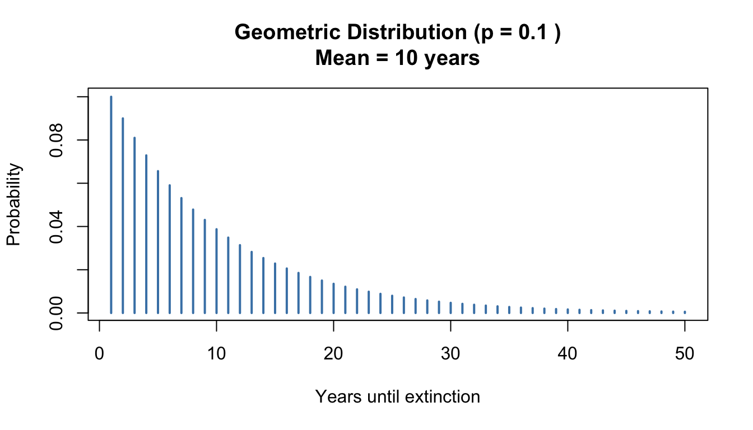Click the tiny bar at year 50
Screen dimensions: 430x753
pos(685,312)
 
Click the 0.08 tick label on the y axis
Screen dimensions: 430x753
pos(56,140)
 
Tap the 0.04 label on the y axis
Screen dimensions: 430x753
pos(56,226)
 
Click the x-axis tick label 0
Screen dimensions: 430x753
pos(100,353)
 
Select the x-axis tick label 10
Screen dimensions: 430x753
pos(217,353)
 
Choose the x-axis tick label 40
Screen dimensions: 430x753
pos(568,353)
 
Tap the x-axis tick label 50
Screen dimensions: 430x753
pos(685,353)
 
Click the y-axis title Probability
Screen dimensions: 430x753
pos(13,204)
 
